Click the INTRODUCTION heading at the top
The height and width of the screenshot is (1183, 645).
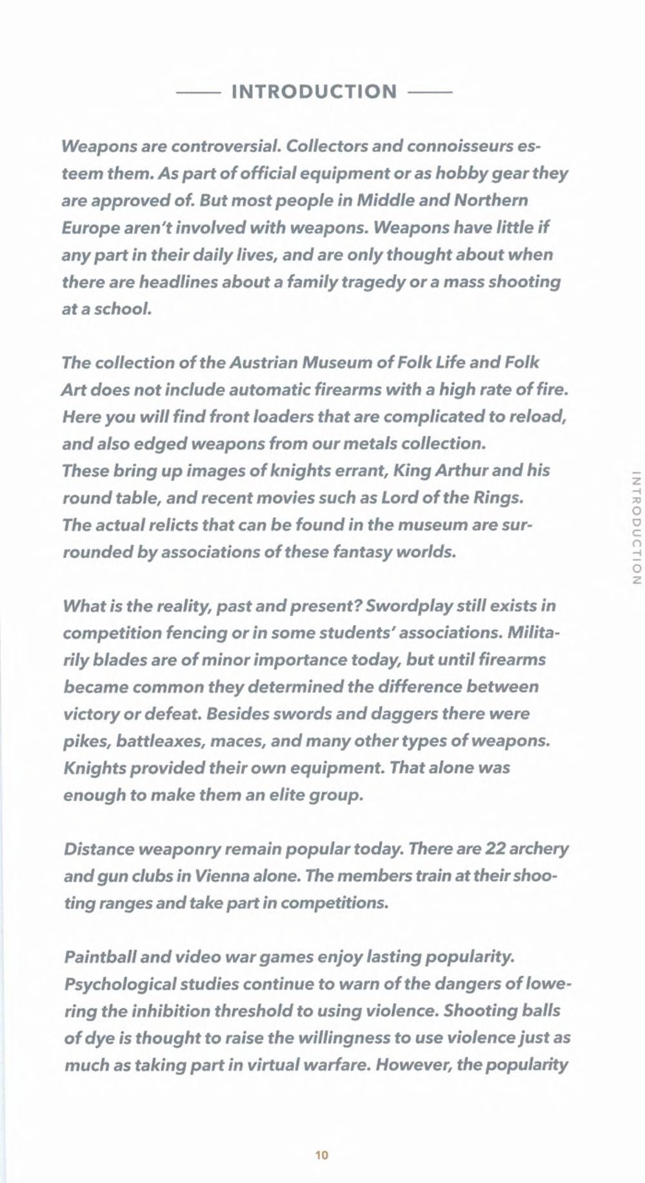tap(314, 92)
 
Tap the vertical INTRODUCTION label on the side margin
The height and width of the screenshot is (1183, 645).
tap(636, 528)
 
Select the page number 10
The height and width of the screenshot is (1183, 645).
tap(322, 1155)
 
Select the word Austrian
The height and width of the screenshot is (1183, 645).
tap(264, 363)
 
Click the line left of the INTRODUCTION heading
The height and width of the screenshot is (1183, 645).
tap(198, 92)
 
